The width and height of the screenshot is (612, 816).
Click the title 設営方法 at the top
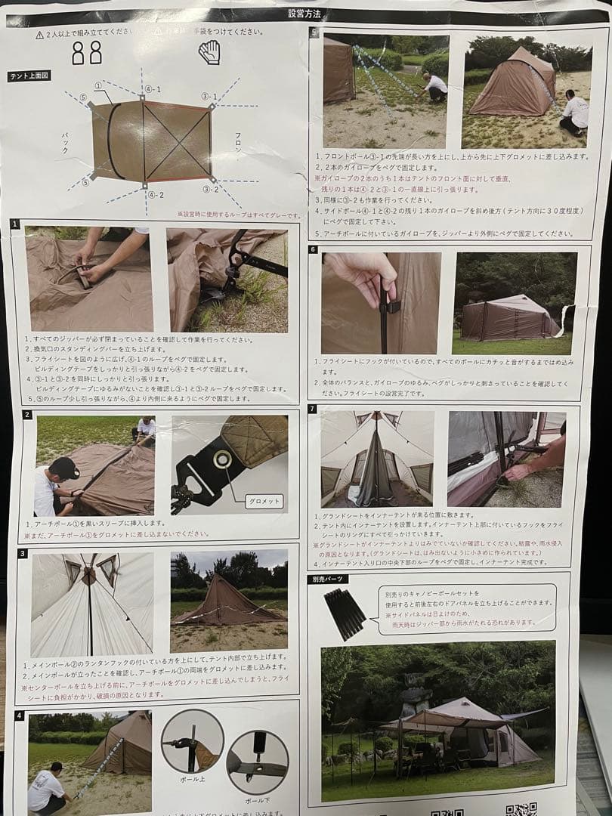304,14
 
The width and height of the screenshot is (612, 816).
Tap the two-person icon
87,52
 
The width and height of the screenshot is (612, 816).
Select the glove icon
209,51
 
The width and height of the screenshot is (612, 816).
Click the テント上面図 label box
29,76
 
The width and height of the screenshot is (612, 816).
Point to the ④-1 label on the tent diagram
153,89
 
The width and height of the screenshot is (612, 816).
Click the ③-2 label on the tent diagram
211,190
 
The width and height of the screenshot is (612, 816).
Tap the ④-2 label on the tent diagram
156,195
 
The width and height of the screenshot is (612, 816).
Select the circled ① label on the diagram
98,85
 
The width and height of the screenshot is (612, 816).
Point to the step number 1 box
16,224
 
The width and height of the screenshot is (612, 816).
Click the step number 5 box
313,31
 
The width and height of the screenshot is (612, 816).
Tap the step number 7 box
313,409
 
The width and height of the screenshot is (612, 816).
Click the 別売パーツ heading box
330,580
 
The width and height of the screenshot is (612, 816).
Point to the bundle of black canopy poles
345,612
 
